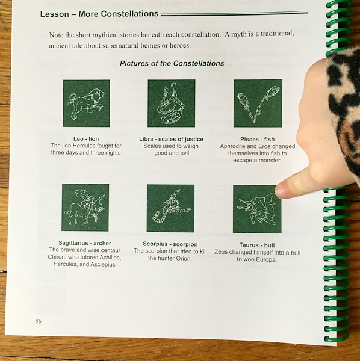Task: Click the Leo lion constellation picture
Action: click(x=86, y=103)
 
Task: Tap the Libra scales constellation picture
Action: click(x=172, y=103)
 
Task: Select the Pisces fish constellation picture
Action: click(x=258, y=103)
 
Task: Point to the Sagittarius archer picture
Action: click(x=85, y=208)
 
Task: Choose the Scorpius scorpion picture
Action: click(x=171, y=208)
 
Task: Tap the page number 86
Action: click(x=39, y=321)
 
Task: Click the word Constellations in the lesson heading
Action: click(x=129, y=14)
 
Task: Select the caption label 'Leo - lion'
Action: click(x=86, y=139)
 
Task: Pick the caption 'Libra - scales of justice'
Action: click(x=171, y=139)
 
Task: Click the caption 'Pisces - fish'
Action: click(x=257, y=140)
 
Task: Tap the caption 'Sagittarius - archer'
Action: click(x=85, y=243)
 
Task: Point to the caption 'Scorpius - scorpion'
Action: click(x=170, y=244)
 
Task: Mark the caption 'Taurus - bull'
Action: click(x=257, y=245)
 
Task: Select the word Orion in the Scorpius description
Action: click(x=184, y=258)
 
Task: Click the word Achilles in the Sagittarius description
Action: click(x=109, y=257)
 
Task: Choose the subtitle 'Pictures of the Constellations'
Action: click(x=172, y=63)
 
